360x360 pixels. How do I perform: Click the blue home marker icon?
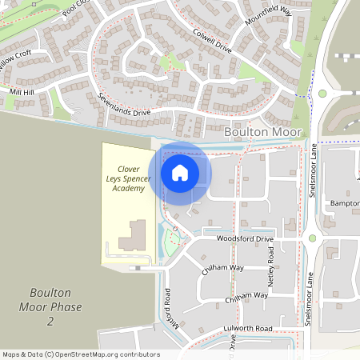(180, 172)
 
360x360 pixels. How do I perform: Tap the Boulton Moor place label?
(263, 131)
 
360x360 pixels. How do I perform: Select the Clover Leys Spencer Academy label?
(129, 178)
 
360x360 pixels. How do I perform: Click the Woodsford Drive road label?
(244, 239)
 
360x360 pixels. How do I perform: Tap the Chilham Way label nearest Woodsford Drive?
(223, 269)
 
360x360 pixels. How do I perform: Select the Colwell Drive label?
(212, 42)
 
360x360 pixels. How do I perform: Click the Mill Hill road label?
(22, 93)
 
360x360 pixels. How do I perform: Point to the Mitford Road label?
(168, 308)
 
